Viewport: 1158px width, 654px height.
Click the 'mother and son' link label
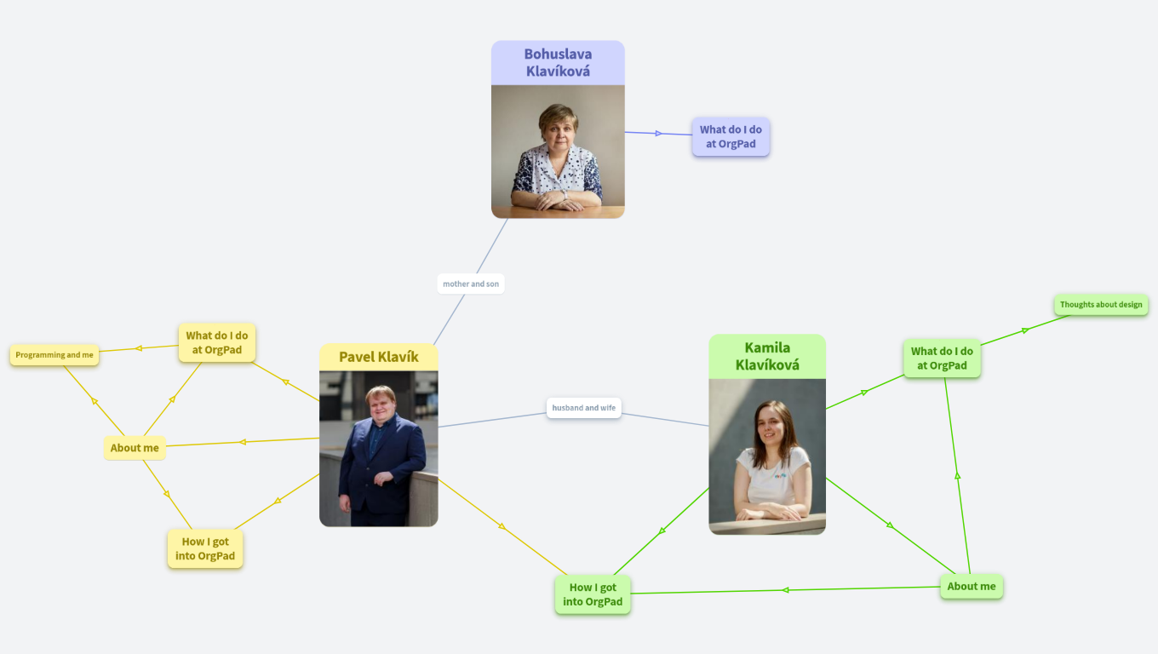click(471, 284)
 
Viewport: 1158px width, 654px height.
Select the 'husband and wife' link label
click(583, 408)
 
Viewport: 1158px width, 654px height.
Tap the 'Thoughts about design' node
click(1101, 304)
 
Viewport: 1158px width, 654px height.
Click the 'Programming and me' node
click(54, 355)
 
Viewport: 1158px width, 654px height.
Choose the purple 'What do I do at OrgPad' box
click(731, 137)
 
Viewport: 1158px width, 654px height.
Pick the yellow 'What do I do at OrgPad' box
click(217, 342)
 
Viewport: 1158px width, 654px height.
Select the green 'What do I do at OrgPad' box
click(942, 359)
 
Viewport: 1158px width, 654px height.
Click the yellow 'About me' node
click(135, 448)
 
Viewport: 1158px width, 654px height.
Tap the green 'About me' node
click(971, 586)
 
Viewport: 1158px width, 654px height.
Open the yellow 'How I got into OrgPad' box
click(205, 548)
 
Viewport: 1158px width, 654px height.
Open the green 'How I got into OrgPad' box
click(593, 594)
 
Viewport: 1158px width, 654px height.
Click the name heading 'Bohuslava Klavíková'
click(558, 63)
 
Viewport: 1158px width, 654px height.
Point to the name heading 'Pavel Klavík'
click(379, 357)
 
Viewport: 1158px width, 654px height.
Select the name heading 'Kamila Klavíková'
click(767, 356)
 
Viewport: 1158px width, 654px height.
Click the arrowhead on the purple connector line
click(658, 133)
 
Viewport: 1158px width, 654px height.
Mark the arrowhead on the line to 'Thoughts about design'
click(1026, 330)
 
